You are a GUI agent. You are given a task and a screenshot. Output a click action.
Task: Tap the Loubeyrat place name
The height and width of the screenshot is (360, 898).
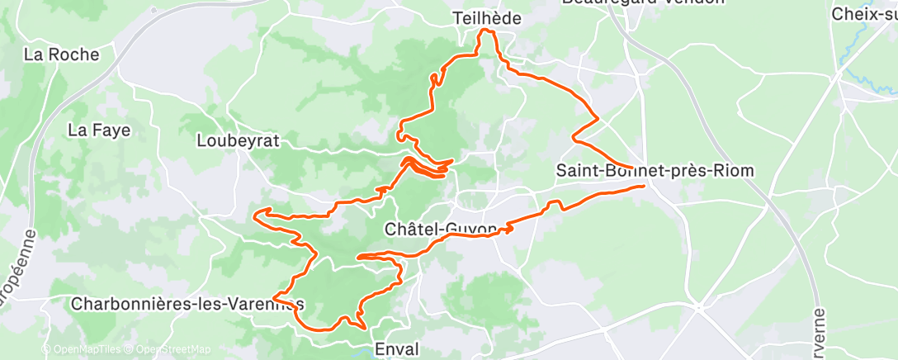238,140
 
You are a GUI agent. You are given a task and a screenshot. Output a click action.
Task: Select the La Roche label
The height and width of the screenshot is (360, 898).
61,55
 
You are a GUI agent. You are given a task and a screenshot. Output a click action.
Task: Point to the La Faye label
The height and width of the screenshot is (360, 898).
99,130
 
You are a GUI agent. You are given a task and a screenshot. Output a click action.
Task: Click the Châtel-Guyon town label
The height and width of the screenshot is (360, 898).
442,228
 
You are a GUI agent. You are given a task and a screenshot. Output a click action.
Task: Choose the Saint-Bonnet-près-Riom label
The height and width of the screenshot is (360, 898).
655,171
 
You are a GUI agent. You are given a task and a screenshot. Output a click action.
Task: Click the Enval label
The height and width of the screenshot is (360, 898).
396,348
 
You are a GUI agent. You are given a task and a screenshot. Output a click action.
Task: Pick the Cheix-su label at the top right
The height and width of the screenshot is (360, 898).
863,14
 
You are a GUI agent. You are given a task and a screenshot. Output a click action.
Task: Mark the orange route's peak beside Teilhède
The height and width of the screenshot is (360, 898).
487,31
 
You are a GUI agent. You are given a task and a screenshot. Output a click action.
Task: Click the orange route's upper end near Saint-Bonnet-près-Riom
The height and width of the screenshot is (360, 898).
631,168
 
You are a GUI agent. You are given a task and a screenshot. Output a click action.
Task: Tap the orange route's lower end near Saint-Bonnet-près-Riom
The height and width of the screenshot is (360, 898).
643,187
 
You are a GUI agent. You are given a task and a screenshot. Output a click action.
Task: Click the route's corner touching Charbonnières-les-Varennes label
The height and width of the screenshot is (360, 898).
275,296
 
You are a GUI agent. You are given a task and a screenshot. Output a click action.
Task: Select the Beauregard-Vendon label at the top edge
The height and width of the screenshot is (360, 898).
643,2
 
